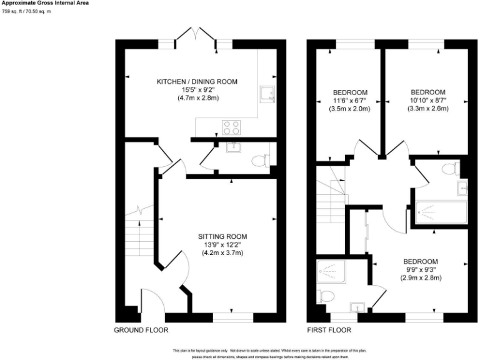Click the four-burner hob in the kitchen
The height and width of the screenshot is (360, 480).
tap(231, 127)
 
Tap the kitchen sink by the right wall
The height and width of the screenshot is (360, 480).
tap(267, 94)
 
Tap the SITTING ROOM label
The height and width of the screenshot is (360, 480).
tap(222, 236)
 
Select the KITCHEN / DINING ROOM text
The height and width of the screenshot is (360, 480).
tap(197, 82)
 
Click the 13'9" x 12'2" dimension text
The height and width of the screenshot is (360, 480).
tap(222, 244)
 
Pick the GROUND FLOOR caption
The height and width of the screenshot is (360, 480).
tap(141, 329)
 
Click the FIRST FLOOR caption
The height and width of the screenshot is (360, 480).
tap(329, 329)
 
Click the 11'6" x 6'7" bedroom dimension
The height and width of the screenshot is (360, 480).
tap(349, 101)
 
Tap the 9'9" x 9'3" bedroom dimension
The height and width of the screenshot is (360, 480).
tap(420, 269)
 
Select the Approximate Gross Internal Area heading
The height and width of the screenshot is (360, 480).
tap(44, 3)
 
